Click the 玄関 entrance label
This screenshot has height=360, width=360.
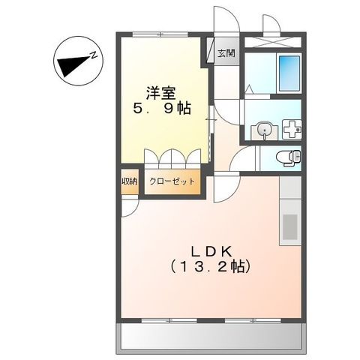[226, 53]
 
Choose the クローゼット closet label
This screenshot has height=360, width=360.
[172, 181]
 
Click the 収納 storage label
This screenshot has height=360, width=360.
[129, 181]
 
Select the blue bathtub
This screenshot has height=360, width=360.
[288, 72]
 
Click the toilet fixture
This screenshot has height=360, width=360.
[288, 157]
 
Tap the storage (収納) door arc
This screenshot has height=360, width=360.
[128, 203]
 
